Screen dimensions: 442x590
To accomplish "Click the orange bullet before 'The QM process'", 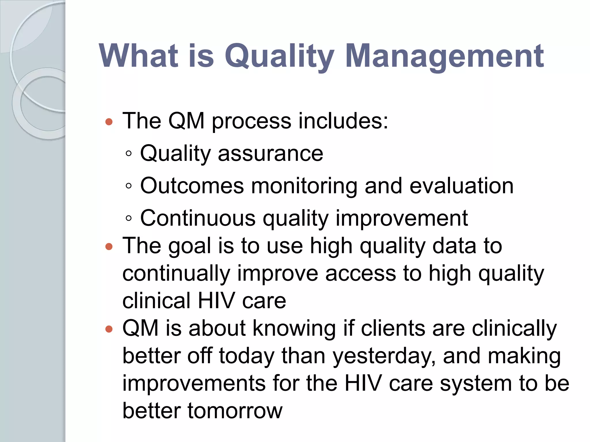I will coord(109,122).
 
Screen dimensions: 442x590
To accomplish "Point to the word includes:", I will coord(343,121).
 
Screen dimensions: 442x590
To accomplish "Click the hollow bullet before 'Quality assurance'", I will coord(129,154).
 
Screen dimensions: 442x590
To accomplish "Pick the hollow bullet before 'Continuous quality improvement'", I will coord(129,218).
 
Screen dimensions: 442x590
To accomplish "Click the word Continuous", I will coord(198,218).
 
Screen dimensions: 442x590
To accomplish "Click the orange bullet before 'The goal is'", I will coord(109,246).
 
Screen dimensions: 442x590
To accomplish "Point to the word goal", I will coord(190,246).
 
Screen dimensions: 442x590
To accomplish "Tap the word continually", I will coord(176,273).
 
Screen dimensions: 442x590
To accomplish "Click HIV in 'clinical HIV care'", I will coord(216,301).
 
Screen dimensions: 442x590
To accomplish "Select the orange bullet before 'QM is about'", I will coord(109,329).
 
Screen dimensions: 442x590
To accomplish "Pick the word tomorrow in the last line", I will coord(235,411).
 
